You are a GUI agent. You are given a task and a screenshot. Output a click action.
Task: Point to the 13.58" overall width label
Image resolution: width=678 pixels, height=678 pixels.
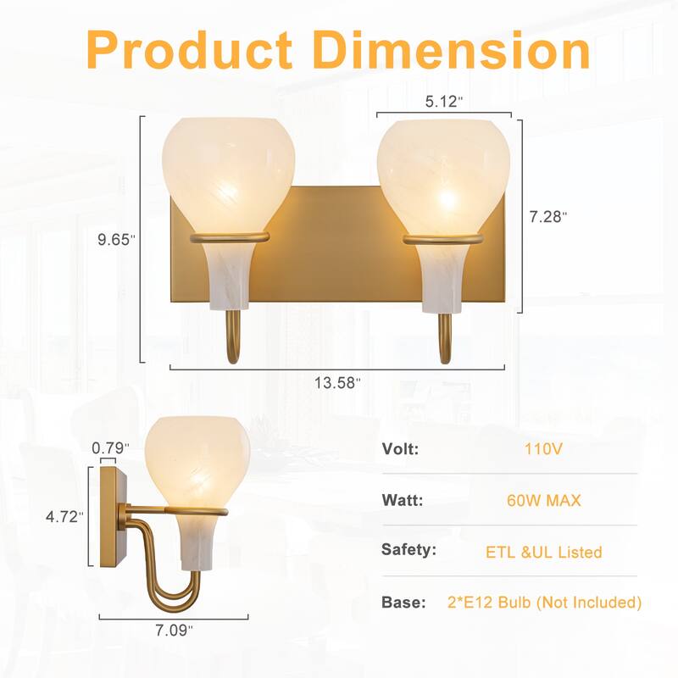point(338,383)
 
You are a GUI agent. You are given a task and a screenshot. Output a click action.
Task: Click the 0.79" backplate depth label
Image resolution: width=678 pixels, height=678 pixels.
point(111,447)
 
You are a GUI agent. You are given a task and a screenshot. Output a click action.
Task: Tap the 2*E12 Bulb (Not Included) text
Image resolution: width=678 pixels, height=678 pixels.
point(545,603)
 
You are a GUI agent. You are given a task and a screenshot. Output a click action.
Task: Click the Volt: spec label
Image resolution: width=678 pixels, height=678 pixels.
point(401,450)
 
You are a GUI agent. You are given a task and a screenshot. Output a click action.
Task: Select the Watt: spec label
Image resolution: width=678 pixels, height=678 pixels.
point(403,501)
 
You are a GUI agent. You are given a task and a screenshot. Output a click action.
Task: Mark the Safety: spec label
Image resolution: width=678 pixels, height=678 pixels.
point(409,551)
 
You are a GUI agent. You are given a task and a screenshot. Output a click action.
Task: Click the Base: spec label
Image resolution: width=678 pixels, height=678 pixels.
point(403,603)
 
